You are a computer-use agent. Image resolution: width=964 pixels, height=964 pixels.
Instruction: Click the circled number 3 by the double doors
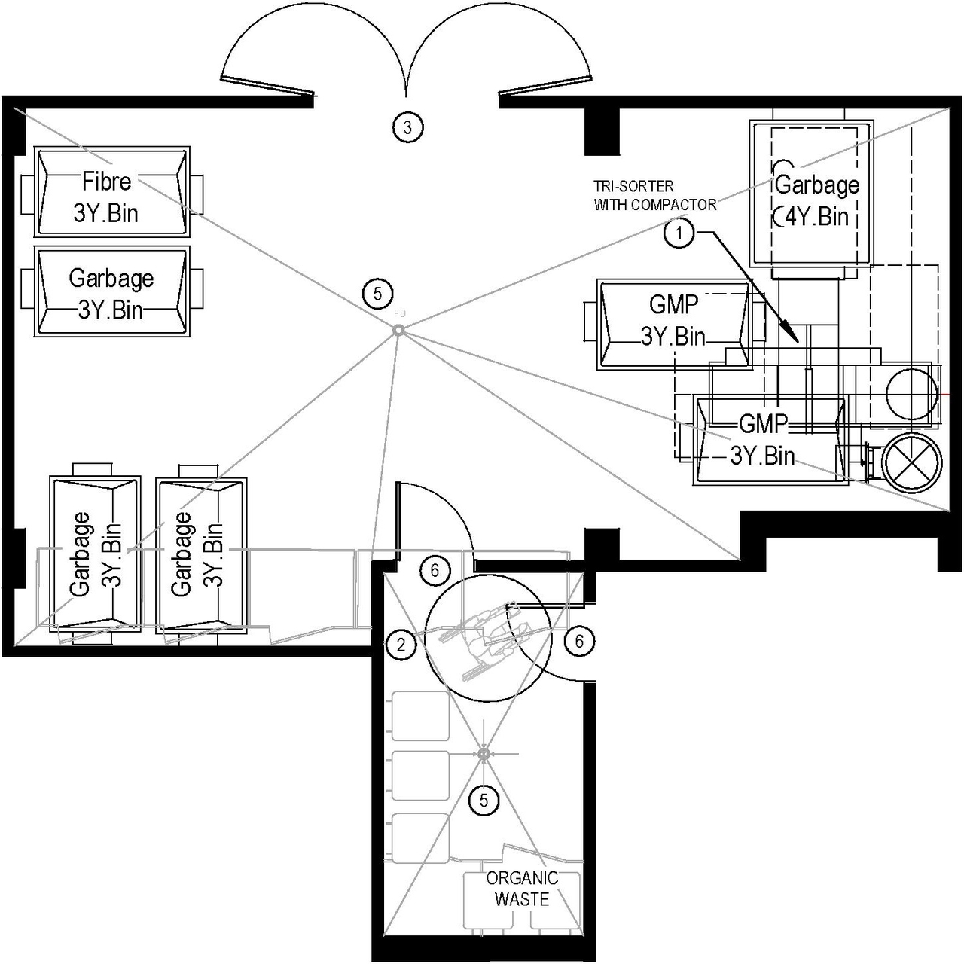tap(407, 127)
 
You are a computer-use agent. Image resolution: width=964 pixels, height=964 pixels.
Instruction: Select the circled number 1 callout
tap(679, 233)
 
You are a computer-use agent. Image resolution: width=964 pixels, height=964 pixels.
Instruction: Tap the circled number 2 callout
tap(401, 644)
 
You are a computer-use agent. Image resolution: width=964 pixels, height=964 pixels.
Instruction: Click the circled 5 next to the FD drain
tap(377, 293)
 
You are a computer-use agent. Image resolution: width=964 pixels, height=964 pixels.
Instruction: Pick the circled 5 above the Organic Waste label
tap(484, 801)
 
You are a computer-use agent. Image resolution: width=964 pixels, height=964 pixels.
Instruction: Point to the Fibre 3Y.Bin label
tap(106, 197)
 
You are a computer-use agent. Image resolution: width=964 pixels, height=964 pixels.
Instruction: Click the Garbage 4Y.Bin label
tap(816, 200)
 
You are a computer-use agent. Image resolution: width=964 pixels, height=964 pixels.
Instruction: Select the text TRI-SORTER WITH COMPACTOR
tap(654, 195)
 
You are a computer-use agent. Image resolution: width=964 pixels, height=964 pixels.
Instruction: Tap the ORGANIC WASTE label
tap(522, 889)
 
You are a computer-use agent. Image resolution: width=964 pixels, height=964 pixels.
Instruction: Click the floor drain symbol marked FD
tap(398, 330)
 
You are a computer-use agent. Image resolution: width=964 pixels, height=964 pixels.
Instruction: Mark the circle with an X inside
tap(912, 462)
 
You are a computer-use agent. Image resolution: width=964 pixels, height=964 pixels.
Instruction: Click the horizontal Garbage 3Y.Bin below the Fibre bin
tap(111, 294)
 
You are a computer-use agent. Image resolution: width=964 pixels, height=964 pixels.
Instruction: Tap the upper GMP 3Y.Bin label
tap(673, 320)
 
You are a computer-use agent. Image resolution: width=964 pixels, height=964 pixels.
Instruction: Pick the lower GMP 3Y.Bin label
tap(763, 440)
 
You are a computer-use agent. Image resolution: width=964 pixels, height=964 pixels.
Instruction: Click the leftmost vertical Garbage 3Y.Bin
tap(95, 554)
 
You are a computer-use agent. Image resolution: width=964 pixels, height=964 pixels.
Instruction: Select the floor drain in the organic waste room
tap(484, 754)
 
